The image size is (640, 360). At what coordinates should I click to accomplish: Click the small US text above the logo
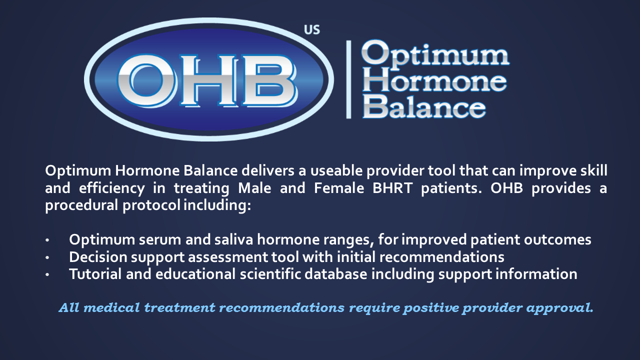tap(311, 29)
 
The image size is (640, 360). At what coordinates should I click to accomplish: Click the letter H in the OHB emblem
tap(209, 80)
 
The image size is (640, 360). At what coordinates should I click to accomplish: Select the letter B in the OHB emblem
tap(269, 80)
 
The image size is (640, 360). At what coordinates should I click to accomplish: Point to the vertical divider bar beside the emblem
tap(348, 79)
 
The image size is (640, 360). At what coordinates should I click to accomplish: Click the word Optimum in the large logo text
tap(435, 55)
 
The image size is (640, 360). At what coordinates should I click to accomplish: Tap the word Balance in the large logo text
tap(424, 106)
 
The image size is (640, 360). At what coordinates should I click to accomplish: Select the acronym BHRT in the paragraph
tap(392, 188)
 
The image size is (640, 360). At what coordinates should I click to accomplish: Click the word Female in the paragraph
tap(339, 188)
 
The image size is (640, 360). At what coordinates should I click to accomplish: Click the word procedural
tap(81, 205)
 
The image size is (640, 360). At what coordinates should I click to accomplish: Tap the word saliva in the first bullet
tap(233, 239)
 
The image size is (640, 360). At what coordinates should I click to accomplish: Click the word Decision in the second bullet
tap(98, 257)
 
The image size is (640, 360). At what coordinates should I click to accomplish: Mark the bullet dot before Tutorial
tap(47, 274)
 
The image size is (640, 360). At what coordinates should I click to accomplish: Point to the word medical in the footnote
tap(111, 307)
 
